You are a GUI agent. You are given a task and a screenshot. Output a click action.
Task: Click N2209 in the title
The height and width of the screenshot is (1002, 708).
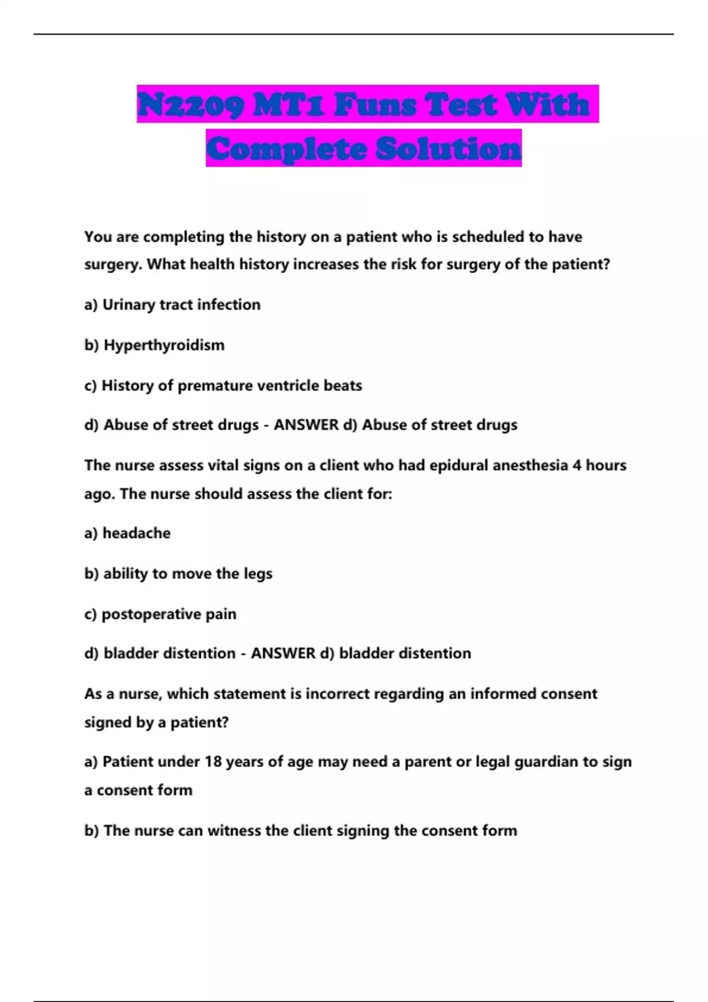189,105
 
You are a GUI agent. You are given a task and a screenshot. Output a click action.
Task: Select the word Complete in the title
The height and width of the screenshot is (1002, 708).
287,149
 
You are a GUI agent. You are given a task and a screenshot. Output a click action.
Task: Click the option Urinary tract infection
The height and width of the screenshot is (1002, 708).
181,305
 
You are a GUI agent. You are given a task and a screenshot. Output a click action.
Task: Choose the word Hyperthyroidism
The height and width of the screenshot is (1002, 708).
164,345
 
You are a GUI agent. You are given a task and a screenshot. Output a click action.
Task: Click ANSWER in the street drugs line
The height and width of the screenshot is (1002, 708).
306,425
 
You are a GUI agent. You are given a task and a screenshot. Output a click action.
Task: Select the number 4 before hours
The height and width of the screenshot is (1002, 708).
576,465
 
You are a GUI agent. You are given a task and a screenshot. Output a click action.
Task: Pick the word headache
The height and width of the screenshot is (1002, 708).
136,533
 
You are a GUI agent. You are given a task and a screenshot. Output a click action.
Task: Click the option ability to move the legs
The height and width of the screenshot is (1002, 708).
188,573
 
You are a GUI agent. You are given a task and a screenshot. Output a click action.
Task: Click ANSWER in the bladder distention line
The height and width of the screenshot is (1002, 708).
283,653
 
